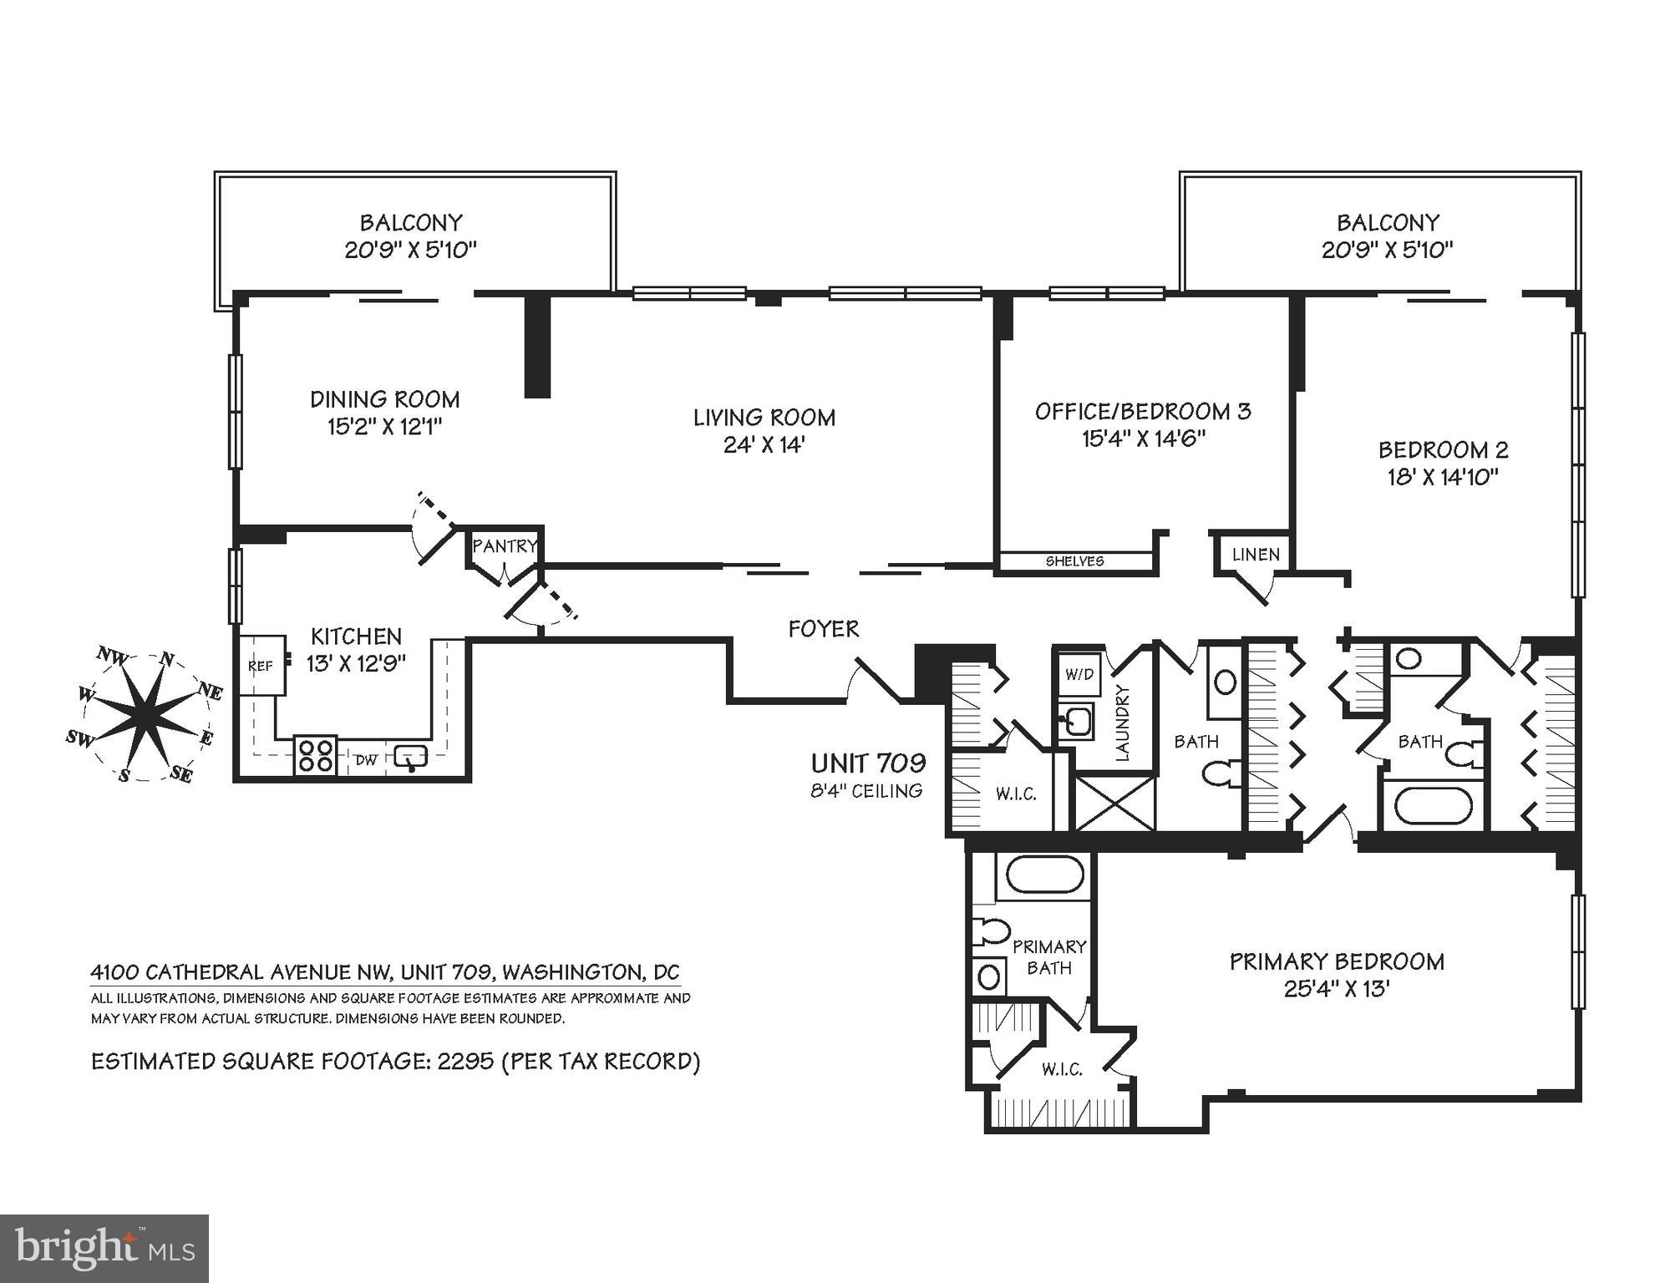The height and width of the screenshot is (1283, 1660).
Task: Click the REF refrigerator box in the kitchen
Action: coord(261,666)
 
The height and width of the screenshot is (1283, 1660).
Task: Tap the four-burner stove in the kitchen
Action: coord(315,755)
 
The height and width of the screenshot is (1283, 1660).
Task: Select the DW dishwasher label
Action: coord(366,760)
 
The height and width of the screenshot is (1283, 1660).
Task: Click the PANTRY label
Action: coord(504,546)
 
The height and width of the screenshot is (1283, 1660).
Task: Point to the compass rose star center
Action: coord(145,715)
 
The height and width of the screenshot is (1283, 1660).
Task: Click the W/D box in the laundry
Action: coord(1079,673)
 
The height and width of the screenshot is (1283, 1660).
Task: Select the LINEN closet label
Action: coord(1255,555)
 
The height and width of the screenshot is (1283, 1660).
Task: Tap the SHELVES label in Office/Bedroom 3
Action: coord(1074,561)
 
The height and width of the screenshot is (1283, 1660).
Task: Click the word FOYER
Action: coord(823,629)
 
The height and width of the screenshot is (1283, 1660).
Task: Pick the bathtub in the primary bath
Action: coord(1045,875)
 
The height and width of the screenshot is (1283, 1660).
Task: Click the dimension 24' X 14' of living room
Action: coord(764,445)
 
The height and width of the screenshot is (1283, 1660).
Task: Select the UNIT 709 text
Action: coord(868,763)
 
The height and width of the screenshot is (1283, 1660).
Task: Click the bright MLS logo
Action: coord(104,1248)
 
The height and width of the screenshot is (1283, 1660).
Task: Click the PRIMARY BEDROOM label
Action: coord(1337,961)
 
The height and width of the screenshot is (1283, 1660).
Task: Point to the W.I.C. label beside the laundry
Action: coord(1016,794)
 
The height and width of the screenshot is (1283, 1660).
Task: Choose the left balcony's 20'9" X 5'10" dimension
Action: coord(410,250)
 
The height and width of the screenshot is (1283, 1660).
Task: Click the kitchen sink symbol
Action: coord(410,757)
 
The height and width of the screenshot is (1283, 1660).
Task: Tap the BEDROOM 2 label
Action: coord(1443,450)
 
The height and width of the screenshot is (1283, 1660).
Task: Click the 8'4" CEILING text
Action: coord(866,791)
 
